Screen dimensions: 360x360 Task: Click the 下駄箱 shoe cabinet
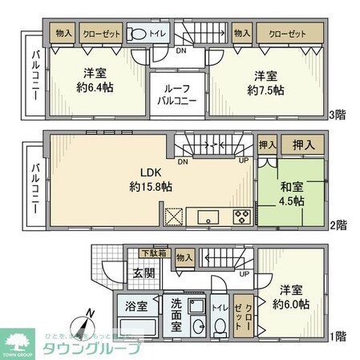[x=151, y=255]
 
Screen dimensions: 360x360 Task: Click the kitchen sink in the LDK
[x=208, y=216]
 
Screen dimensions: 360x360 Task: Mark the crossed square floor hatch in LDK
[x=174, y=216]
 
